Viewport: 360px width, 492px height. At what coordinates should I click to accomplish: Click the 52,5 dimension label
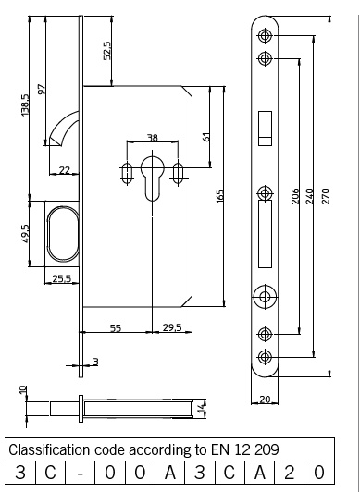107,51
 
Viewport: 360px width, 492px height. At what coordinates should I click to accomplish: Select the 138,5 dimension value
24,105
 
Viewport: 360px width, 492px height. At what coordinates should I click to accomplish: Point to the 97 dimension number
42,89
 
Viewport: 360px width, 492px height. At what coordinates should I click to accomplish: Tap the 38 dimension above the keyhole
153,138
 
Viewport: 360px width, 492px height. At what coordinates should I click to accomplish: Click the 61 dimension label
206,137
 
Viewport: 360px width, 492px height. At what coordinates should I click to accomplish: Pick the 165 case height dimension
220,196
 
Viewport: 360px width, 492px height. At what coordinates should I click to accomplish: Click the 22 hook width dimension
65,170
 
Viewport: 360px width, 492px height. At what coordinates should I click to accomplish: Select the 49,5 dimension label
25,233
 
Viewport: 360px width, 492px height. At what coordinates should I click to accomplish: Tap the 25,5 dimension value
62,278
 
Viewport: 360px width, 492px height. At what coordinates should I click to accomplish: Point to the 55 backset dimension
116,328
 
